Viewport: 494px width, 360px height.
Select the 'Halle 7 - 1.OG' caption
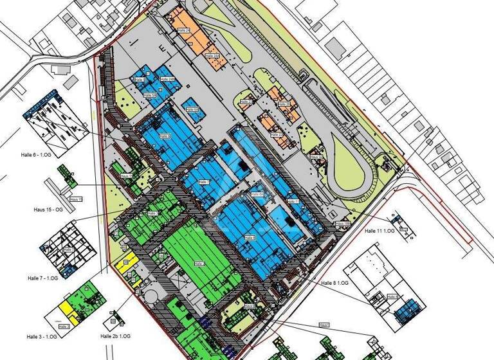coord(42,278)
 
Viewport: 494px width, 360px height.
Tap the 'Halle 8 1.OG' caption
coord(333,283)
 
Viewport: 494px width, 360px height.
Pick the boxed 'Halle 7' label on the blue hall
coord(204,183)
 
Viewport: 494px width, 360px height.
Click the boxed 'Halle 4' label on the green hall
coord(197,264)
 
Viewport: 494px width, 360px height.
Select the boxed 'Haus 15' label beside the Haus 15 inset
coord(76,200)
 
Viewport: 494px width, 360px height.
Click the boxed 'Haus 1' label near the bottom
coord(324,325)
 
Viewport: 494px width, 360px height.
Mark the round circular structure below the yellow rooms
coord(152,294)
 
